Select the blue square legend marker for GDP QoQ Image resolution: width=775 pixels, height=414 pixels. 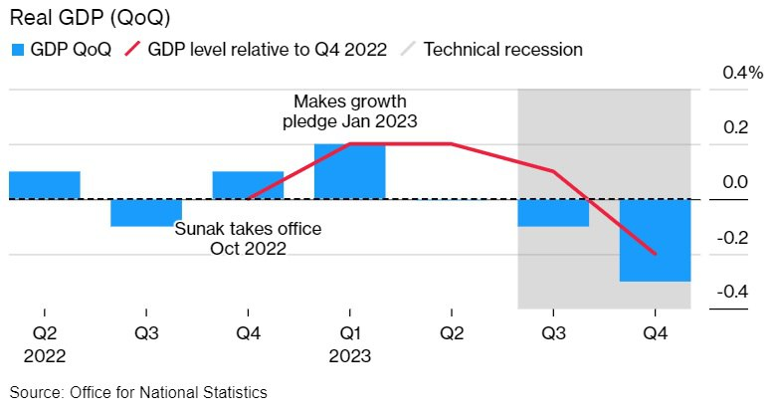point(17,49)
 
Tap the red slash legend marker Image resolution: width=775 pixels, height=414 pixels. point(133,49)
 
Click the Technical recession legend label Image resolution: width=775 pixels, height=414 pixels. point(503,49)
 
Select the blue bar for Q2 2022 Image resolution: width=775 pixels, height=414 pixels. point(44,185)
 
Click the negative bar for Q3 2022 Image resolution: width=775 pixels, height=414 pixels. point(145,212)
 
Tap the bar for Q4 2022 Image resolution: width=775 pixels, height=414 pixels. point(248,185)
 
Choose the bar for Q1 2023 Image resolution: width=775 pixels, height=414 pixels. point(349,171)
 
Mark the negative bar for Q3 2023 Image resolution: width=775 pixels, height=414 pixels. point(553,212)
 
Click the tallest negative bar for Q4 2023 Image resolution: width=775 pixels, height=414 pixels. point(655,240)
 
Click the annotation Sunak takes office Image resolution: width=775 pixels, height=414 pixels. point(248,229)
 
